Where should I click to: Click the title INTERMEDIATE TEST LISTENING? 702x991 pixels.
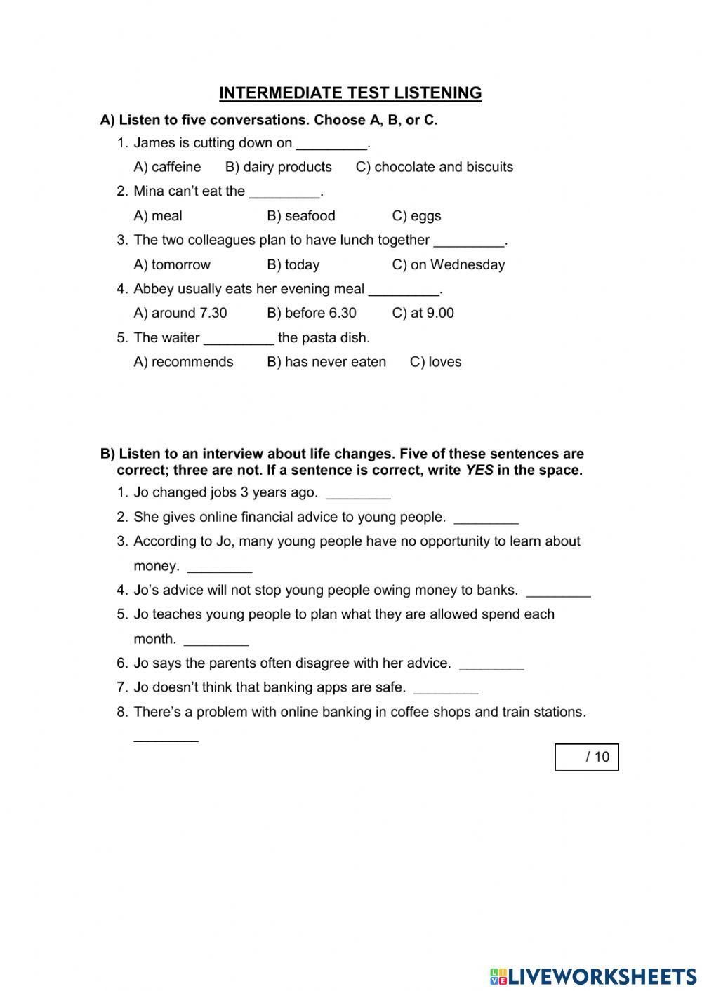point(350,93)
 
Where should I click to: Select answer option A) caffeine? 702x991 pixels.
point(167,167)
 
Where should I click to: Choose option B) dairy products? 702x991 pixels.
point(278,167)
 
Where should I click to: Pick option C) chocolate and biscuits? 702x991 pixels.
point(434,167)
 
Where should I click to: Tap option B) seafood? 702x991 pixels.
point(300,216)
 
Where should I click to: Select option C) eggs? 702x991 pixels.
point(416,216)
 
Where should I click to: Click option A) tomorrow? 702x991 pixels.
point(172,265)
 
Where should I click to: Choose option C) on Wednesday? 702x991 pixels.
point(448,265)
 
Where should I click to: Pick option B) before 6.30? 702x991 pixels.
point(311,314)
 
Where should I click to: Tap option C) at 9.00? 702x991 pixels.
point(423,314)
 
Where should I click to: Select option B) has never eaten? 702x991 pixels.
point(326,363)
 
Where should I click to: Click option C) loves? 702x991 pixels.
point(435,363)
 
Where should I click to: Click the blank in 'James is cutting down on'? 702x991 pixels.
point(331,145)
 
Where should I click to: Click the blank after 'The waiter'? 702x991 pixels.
point(239,340)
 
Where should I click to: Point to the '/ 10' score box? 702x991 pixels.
point(587,757)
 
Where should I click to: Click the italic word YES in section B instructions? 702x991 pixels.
point(479,471)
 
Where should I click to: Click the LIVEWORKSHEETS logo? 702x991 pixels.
point(592,976)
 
